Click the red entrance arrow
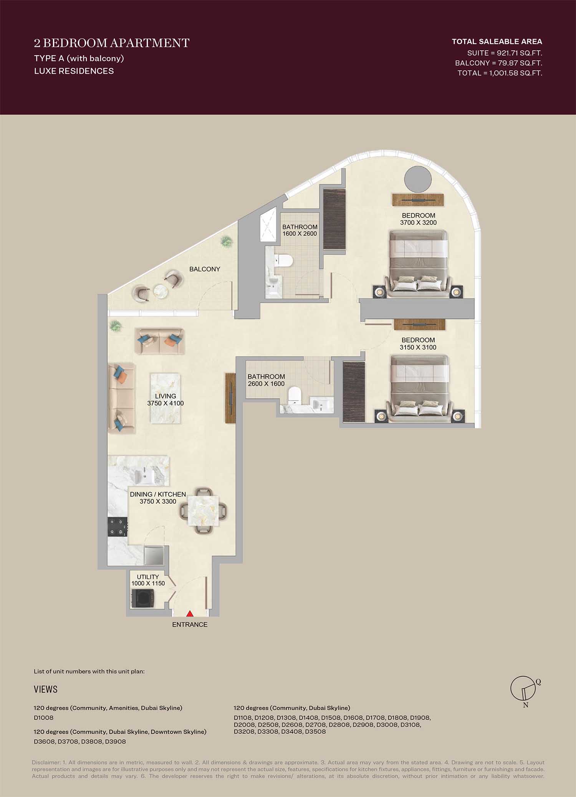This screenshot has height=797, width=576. [x=190, y=614]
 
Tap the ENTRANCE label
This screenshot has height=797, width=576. [x=190, y=625]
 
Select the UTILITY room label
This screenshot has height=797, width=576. [x=148, y=577]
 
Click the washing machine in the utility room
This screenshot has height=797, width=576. [x=143, y=598]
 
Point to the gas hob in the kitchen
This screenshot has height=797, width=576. [x=118, y=527]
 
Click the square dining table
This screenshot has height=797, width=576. [x=203, y=510]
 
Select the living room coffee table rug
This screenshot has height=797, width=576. [x=165, y=398]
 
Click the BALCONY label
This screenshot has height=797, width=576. [x=205, y=269]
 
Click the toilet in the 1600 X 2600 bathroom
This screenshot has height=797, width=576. [x=284, y=261]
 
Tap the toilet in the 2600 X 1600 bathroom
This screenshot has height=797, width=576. [x=295, y=395]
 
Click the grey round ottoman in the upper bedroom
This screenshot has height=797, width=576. [x=417, y=179]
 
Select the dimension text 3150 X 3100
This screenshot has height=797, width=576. [x=418, y=347]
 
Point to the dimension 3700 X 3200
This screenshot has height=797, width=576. [x=418, y=223]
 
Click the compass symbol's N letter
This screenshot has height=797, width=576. [x=526, y=705]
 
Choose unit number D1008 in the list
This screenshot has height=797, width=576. [x=44, y=718]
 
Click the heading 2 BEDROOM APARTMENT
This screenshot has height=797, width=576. [x=112, y=43]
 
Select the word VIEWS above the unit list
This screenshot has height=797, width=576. [x=46, y=689]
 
